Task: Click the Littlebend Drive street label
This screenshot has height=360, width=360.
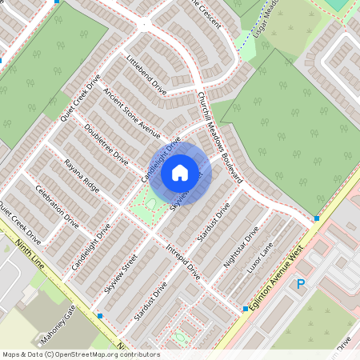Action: tap(147, 75)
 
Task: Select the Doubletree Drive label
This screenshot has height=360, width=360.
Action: tap(105, 145)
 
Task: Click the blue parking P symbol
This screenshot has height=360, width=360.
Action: tap(302, 284)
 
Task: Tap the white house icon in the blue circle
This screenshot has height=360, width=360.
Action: tap(180, 172)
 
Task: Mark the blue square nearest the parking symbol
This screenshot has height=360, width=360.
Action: tap(318, 218)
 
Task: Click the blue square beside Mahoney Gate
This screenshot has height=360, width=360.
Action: tap(99, 316)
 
